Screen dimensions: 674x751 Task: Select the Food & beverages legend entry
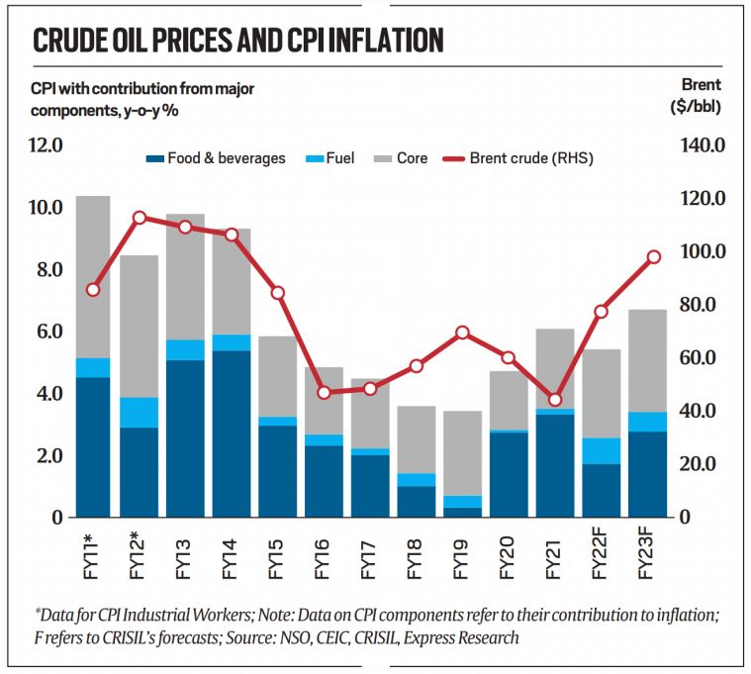pyautogui.click(x=215, y=157)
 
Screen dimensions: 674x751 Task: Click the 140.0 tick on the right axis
pyautogui.click(x=705, y=145)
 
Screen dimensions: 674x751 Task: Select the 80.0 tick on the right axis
pyautogui.click(x=705, y=305)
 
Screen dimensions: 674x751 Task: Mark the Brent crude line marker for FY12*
pyautogui.click(x=140, y=218)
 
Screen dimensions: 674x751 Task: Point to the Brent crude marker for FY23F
pyautogui.click(x=653, y=257)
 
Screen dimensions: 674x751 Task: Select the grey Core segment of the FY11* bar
pyautogui.click(x=93, y=277)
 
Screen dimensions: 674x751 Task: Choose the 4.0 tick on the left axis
pyautogui.click(x=47, y=394)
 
